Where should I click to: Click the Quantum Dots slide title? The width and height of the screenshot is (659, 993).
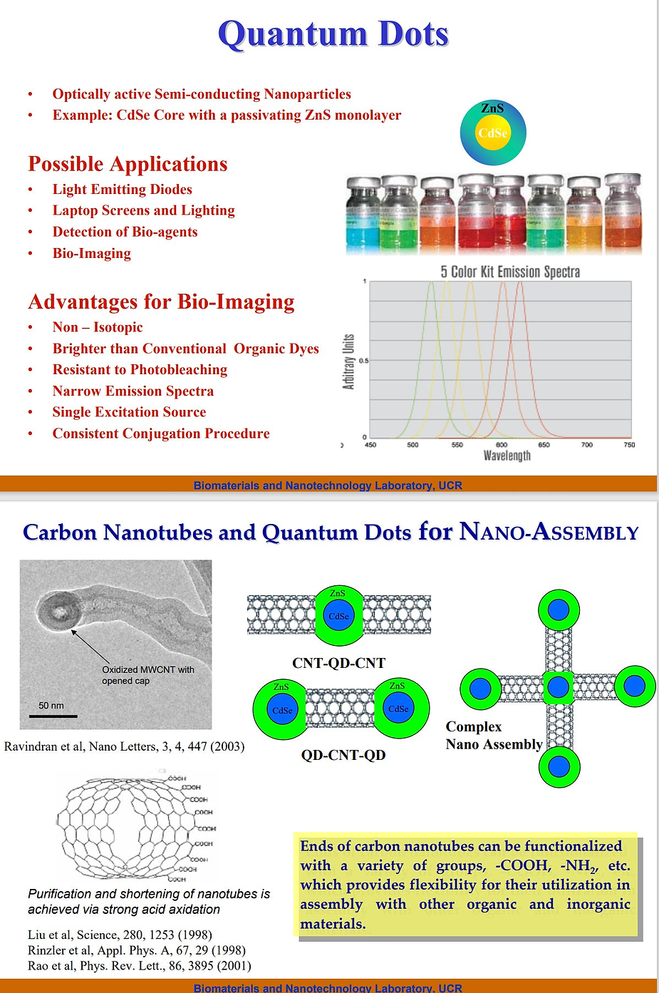333,34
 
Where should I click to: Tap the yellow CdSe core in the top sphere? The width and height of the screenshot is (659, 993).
493,134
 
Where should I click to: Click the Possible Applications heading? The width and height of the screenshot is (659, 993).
128,164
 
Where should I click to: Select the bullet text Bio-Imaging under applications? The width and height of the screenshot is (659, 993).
91,253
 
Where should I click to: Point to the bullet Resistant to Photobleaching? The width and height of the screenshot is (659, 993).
140,369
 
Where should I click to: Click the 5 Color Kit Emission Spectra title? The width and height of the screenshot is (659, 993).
510,272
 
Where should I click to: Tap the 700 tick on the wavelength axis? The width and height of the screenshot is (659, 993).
587,445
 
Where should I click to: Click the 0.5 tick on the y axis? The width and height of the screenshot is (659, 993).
363,361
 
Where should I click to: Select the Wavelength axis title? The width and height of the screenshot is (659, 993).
507,456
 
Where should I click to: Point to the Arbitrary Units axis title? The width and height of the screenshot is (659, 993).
348,361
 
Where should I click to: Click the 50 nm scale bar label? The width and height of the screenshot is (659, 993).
51,705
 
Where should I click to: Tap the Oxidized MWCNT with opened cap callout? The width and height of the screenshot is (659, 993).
147,675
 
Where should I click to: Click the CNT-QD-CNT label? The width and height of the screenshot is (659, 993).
338,663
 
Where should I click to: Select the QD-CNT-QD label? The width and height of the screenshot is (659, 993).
343,755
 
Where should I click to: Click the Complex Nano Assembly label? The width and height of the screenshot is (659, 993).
494,736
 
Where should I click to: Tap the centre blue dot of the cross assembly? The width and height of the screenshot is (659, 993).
558,687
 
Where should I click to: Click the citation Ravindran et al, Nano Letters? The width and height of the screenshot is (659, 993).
124,746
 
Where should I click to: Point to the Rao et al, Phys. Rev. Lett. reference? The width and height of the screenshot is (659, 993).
140,966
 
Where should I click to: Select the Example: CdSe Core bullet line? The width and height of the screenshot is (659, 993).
227,115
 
